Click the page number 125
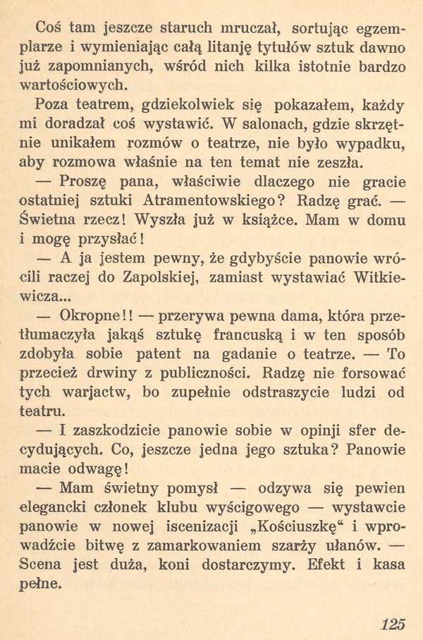(x=393, y=623)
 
